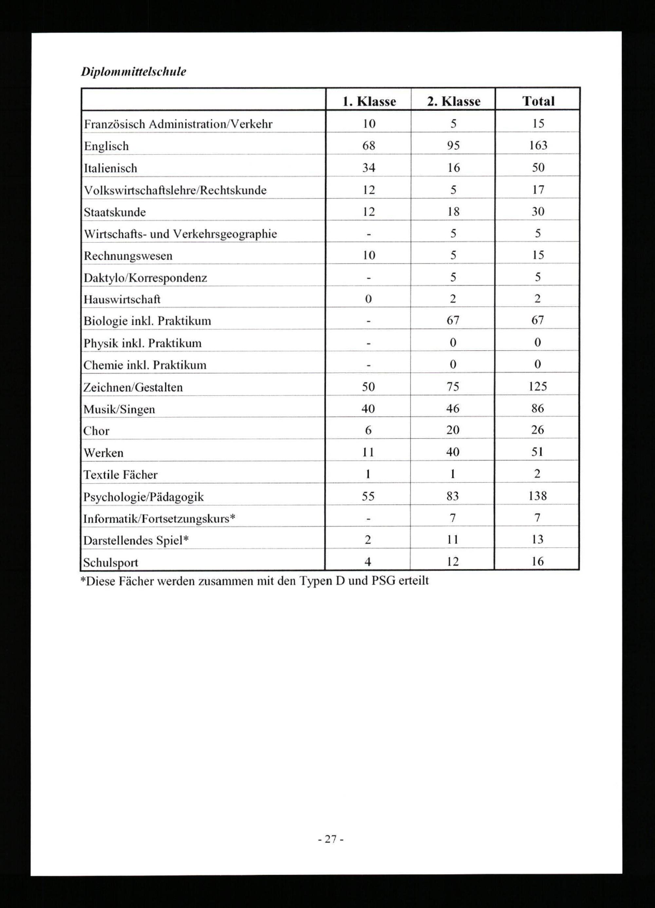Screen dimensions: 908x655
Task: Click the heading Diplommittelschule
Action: (x=134, y=72)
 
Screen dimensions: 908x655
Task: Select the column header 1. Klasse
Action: (x=369, y=101)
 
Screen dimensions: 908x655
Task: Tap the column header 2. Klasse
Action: (x=453, y=101)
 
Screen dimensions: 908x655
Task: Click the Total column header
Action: (x=538, y=101)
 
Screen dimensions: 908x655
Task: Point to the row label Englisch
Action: (x=106, y=146)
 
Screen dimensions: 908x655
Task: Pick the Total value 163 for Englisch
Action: (x=538, y=145)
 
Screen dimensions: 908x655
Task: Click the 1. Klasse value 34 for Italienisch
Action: (x=369, y=167)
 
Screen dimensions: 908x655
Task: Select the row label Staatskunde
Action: (x=115, y=212)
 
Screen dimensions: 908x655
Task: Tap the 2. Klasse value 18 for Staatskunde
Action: (x=453, y=211)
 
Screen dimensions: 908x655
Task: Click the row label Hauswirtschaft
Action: (x=122, y=299)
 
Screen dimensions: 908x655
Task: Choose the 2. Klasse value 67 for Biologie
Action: (x=453, y=320)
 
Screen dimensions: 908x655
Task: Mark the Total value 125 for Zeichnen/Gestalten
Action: (x=537, y=386)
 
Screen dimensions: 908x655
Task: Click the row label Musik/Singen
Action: (x=119, y=409)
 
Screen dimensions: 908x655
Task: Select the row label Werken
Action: (x=103, y=453)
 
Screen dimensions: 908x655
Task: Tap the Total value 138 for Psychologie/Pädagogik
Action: (x=537, y=496)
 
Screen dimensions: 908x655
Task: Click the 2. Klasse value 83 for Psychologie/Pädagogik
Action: (x=452, y=496)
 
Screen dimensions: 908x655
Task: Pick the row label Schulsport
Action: (x=110, y=562)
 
